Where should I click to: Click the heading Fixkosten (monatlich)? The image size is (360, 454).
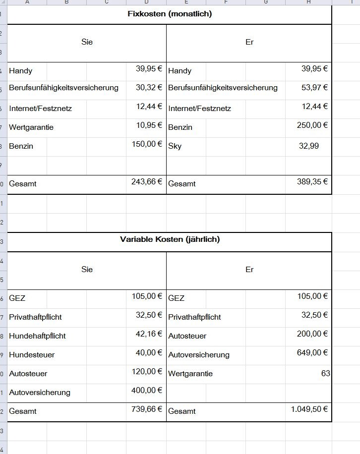pos(170,14)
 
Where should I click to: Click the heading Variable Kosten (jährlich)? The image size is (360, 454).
pos(170,239)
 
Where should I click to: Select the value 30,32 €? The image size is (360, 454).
pos(149,87)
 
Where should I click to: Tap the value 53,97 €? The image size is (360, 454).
pos(314,87)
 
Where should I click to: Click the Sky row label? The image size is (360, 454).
pos(175,146)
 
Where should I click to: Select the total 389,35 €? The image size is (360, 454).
pos(312,181)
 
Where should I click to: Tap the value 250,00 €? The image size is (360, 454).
pos(312,125)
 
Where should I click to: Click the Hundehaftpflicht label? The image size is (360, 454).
pos(37,336)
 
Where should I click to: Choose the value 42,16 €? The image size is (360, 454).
pos(149,334)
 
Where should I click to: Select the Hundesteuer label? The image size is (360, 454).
pos(32,355)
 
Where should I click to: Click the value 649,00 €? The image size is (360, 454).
pos(312,352)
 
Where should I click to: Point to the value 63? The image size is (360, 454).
pos(325,373)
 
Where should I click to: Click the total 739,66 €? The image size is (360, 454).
pos(147,409)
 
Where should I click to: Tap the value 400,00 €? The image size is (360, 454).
pos(147,390)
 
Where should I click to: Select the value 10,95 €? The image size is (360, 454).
pos(149,125)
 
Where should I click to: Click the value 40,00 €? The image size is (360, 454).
pos(149,352)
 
